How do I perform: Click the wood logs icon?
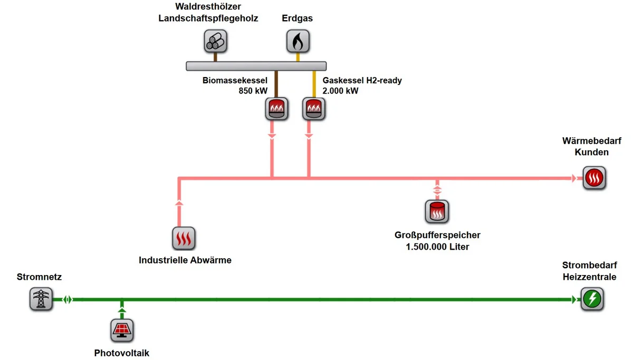(x=215, y=41)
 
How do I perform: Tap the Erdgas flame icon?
(x=298, y=41)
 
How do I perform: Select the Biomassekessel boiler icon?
(x=276, y=109)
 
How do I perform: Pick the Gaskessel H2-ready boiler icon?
(x=314, y=109)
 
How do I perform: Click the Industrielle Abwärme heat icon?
(x=184, y=239)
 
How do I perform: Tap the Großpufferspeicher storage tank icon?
(x=437, y=212)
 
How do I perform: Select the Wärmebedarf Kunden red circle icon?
(x=594, y=178)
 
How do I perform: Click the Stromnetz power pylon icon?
(x=41, y=299)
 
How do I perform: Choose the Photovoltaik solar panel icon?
(x=122, y=330)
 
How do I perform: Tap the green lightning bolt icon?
(x=592, y=299)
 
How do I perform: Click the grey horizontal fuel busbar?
(x=256, y=66)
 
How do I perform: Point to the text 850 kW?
(x=253, y=91)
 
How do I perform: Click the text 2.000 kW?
(x=340, y=91)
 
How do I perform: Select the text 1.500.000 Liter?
(x=437, y=247)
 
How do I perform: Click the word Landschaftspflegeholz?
(x=208, y=18)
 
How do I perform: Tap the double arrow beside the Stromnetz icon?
(x=68, y=299)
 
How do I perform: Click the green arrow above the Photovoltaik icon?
(x=122, y=310)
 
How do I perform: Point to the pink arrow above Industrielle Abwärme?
(x=179, y=203)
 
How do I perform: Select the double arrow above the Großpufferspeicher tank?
(x=437, y=190)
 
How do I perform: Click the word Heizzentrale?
(x=590, y=277)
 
